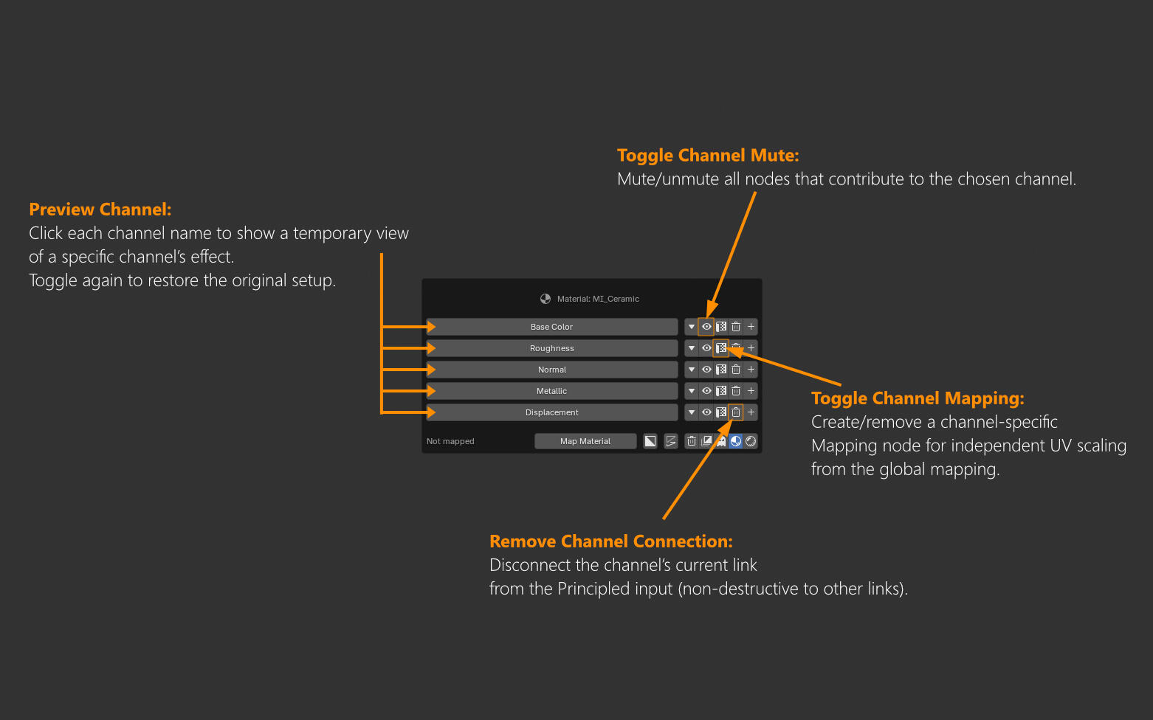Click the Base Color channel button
click(552, 327)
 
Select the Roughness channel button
click(552, 348)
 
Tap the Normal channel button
click(552, 370)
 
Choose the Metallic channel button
click(552, 391)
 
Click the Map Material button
click(585, 441)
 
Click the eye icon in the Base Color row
click(706, 327)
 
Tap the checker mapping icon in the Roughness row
click(721, 348)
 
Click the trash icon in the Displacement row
click(736, 412)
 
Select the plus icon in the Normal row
click(751, 370)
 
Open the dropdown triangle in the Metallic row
click(692, 391)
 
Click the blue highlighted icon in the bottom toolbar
click(735, 441)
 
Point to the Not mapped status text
click(450, 441)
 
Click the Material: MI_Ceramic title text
click(598, 299)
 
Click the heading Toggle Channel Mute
click(708, 156)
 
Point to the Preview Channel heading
click(100, 210)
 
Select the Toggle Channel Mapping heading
click(918, 398)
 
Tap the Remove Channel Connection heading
click(611, 541)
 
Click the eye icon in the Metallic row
click(706, 391)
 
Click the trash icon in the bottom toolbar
click(692, 441)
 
